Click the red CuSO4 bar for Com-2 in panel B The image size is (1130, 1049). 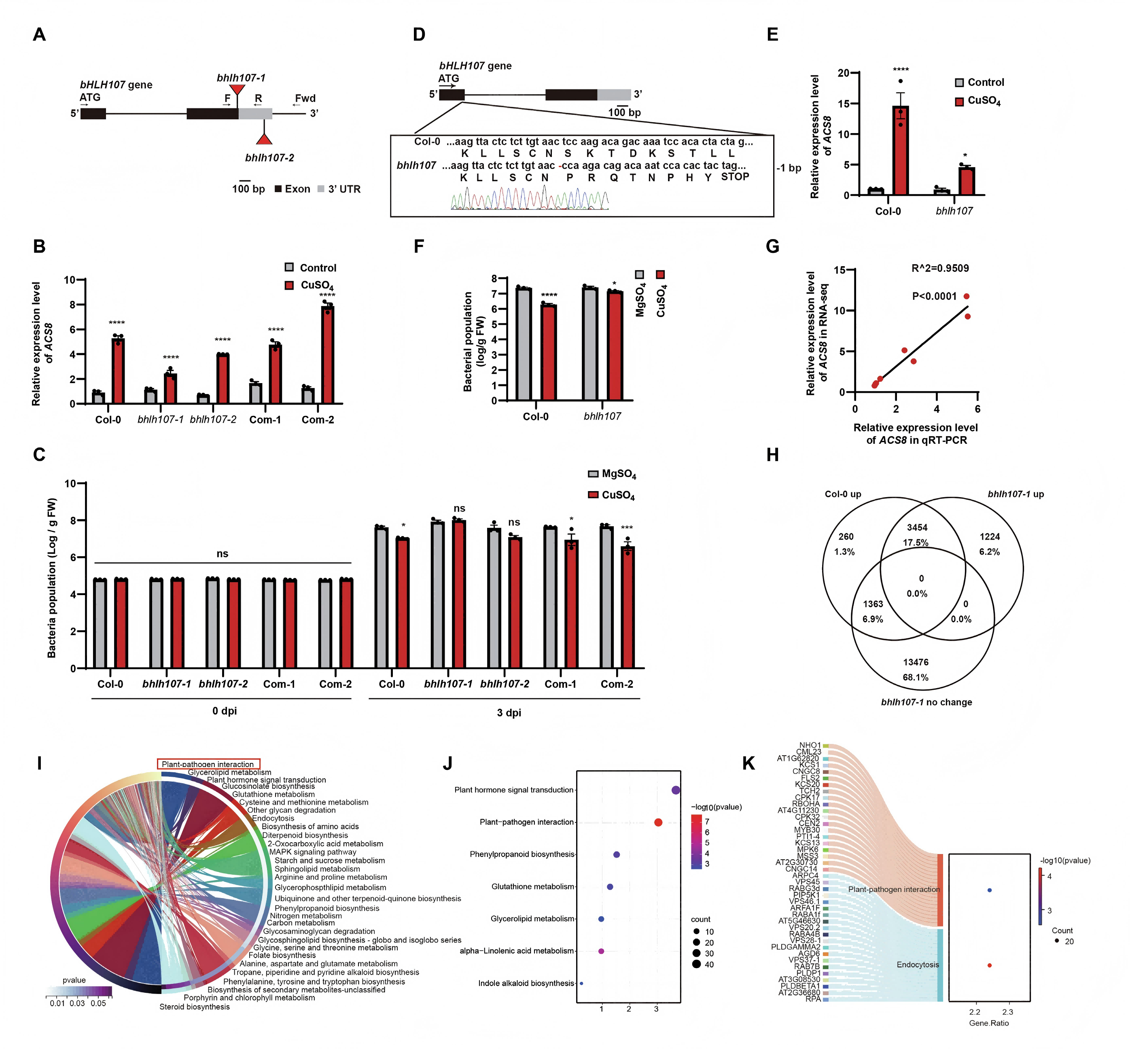coord(327,355)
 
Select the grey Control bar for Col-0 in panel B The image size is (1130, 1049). coord(98,397)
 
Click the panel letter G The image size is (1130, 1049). coord(772,246)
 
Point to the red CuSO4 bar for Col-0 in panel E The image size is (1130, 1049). coord(900,150)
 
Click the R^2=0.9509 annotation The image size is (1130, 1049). coord(940,268)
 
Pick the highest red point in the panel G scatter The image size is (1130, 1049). coord(967,296)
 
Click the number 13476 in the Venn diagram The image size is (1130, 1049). coord(916,662)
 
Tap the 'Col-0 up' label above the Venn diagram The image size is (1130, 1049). coord(843,494)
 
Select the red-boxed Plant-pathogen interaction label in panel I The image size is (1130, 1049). coord(208,764)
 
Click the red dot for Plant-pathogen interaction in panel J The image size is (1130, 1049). coord(658,822)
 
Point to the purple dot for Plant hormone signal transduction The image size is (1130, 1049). coord(675,790)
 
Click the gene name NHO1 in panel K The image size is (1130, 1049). coord(810,745)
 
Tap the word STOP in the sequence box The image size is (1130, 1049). coord(735,177)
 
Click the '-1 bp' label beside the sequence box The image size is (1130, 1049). coord(789,168)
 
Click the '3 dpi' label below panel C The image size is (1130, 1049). coord(509,713)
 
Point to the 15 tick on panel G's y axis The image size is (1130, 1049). coord(840,270)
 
